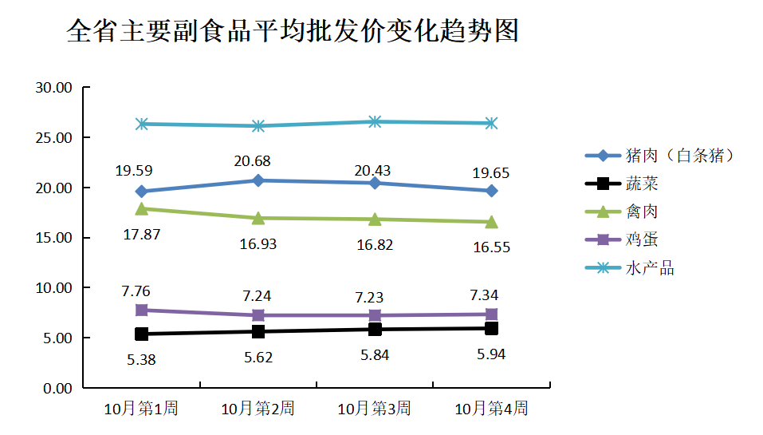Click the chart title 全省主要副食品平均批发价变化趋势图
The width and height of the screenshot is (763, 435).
pyautogui.click(x=293, y=31)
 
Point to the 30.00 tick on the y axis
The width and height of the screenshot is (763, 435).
pyautogui.click(x=54, y=88)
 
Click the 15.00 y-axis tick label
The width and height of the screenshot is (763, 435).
pyautogui.click(x=54, y=238)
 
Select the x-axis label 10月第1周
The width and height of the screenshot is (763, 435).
pyautogui.click(x=141, y=409)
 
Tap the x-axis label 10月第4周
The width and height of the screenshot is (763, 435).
pyautogui.click(x=491, y=409)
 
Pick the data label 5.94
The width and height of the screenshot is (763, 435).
pyautogui.click(x=491, y=354)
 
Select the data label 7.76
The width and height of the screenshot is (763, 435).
pyautogui.click(x=136, y=291)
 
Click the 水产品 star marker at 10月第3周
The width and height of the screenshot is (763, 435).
pyautogui.click(x=375, y=121)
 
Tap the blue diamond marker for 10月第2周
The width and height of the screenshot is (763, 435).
pyautogui.click(x=258, y=180)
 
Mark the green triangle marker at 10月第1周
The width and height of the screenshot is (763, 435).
pyautogui.click(x=142, y=208)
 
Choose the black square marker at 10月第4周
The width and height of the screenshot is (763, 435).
pyautogui.click(x=492, y=328)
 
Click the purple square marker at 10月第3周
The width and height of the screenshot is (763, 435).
pyautogui.click(x=375, y=315)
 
